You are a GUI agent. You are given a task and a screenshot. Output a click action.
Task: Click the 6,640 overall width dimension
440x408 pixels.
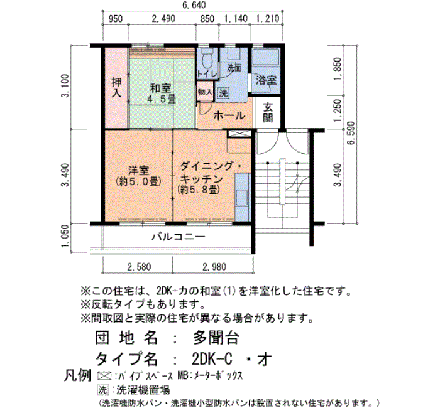[x=194, y=5]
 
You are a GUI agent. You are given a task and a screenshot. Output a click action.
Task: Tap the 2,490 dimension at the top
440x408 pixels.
[x=163, y=19]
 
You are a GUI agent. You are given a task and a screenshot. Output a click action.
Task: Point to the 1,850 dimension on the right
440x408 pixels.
[x=338, y=69]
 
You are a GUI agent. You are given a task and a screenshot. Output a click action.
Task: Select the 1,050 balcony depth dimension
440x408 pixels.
[x=65, y=236]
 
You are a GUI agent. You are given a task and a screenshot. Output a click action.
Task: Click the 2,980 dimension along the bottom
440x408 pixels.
[x=214, y=267]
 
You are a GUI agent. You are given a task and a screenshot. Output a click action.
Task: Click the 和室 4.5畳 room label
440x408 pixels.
[x=161, y=94]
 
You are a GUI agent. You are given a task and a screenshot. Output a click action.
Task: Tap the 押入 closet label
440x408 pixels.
[x=116, y=87]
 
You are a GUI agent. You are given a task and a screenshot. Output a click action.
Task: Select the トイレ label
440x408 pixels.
[x=207, y=74]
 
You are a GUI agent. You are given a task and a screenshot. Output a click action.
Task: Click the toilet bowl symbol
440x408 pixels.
[x=207, y=58]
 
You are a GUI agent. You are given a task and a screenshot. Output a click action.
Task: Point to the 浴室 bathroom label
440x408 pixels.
[x=266, y=81]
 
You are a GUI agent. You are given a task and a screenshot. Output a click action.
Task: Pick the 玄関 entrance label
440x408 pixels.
[x=268, y=112]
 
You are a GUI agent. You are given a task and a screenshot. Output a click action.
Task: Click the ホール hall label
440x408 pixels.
[x=229, y=115]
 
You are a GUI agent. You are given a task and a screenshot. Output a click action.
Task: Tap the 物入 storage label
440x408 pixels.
[x=205, y=92]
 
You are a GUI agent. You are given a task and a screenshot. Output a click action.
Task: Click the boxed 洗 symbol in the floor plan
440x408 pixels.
[x=223, y=93]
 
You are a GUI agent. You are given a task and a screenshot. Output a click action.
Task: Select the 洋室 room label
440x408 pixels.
[x=138, y=170]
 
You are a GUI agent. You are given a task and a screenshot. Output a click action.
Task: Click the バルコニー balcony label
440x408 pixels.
[x=179, y=237]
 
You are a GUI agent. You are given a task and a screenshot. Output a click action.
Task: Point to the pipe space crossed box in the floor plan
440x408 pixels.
[x=239, y=133]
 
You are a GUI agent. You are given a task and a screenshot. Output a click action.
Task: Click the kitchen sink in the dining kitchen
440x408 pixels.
[x=241, y=198]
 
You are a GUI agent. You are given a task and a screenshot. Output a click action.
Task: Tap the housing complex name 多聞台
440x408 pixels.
[x=216, y=338]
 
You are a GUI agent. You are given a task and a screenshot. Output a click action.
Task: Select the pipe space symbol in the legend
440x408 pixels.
[x=103, y=375]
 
